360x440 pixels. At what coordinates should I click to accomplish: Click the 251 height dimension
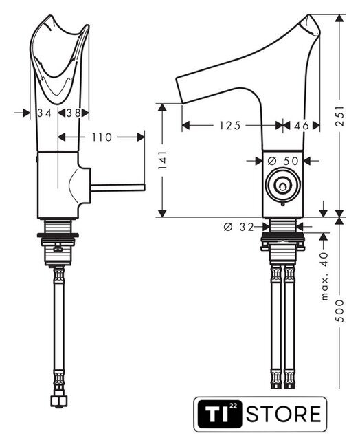340,116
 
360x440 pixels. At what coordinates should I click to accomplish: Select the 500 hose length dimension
340,311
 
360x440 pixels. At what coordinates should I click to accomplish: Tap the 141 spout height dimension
162,160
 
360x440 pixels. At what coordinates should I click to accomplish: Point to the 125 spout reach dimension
230,125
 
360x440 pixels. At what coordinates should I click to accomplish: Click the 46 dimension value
302,125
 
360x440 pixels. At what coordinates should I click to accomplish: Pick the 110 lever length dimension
102,137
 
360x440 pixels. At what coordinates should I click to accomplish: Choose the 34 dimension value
44,113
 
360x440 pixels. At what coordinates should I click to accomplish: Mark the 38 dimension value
74,113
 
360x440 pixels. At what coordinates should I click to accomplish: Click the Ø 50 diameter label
283,161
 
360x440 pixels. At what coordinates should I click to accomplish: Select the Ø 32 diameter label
238,227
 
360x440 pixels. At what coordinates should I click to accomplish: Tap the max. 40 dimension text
324,276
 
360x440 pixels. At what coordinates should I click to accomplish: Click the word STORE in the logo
284,414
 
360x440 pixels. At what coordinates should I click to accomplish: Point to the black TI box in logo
220,414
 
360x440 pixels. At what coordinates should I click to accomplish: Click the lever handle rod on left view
117,188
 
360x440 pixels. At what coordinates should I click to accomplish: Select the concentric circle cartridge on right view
283,185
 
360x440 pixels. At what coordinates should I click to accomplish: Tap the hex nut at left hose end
58,401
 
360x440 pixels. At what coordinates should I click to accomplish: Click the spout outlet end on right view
180,90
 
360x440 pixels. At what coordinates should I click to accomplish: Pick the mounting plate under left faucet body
58,235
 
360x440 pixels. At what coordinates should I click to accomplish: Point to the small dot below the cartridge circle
283,204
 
